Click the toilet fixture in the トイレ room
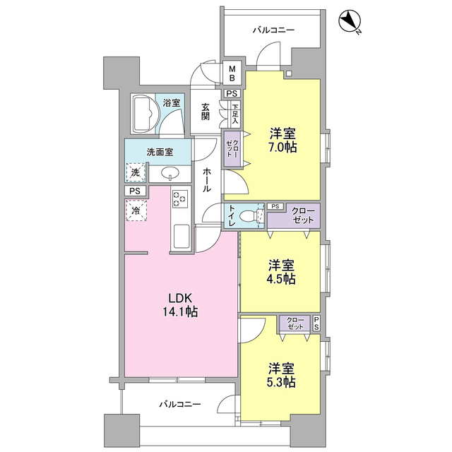tap(248, 216)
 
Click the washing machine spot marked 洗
tap(134, 172)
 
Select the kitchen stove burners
tap(179, 199)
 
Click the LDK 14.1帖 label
tap(181, 304)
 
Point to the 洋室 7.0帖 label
tap(282, 141)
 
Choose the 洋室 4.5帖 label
tap(281, 272)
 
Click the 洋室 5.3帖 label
tap(281, 375)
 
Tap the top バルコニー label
tap(274, 30)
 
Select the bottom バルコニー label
tap(179, 405)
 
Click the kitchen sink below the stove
tap(180, 236)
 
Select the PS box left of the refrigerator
tap(135, 191)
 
